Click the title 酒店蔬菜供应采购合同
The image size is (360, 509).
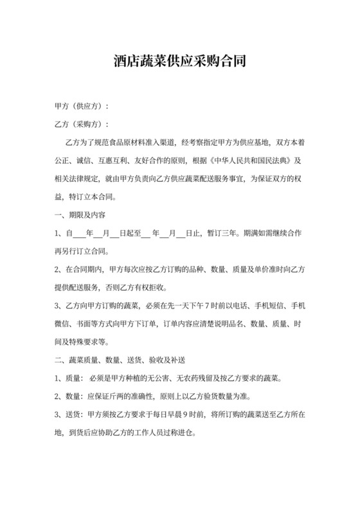point(180,62)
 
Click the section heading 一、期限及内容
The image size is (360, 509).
point(79,214)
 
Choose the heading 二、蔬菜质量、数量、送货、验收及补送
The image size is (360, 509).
point(120,358)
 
